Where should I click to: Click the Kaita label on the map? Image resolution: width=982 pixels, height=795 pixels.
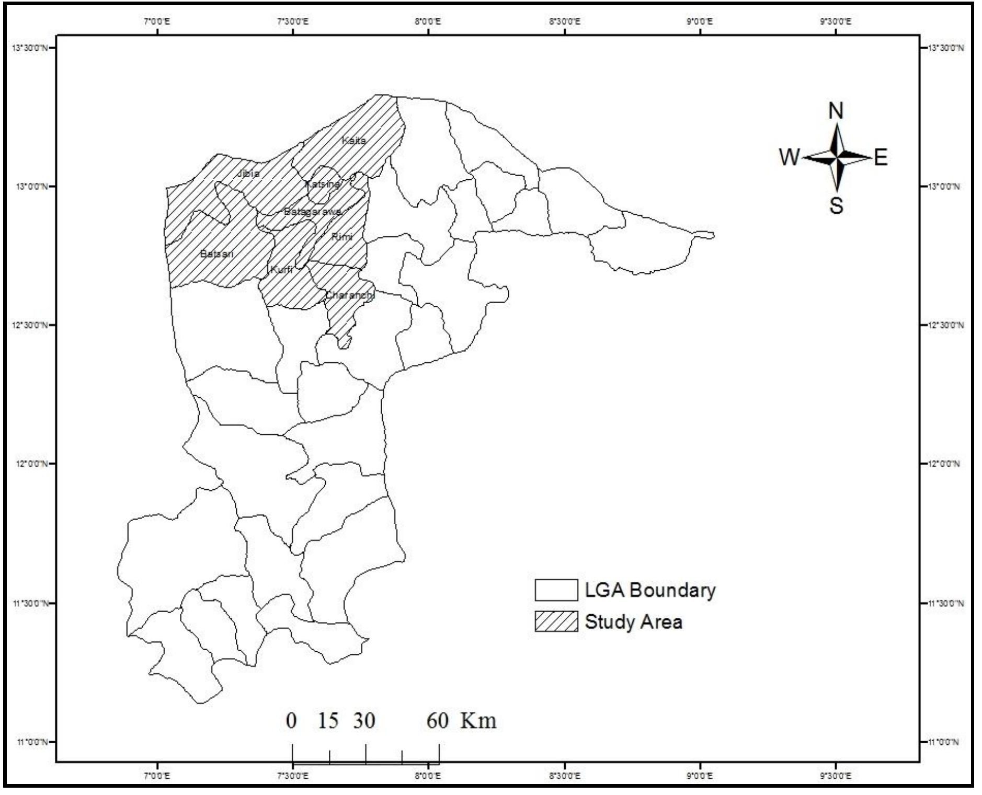point(353,140)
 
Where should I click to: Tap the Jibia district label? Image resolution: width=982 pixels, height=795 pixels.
point(248,173)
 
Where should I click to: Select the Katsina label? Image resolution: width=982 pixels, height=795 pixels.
point(322,184)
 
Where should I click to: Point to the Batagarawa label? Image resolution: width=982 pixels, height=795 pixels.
point(313,212)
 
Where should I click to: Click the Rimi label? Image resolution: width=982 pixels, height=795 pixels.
point(342,237)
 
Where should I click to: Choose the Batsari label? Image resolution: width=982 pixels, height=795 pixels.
point(216,254)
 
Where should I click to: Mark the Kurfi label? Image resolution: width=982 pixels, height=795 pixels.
point(281,270)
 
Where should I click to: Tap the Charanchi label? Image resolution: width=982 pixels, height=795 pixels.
point(350,295)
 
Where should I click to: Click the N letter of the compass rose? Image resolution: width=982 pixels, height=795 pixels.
point(836,111)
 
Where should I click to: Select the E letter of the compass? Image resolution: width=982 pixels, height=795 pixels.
point(881,157)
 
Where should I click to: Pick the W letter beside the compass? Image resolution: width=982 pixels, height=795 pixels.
point(790,157)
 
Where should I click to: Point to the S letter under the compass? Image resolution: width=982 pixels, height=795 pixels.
point(836,205)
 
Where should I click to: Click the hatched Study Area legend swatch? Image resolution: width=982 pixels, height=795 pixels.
point(556,621)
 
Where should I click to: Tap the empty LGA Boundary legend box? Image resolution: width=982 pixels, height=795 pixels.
point(556,590)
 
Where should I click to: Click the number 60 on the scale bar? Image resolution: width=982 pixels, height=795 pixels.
point(437,721)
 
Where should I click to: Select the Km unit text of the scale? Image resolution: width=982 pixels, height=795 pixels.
point(478,721)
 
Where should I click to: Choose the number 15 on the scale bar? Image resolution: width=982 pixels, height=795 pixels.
point(328,721)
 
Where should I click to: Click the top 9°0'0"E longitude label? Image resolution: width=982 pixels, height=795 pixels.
point(700,21)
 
